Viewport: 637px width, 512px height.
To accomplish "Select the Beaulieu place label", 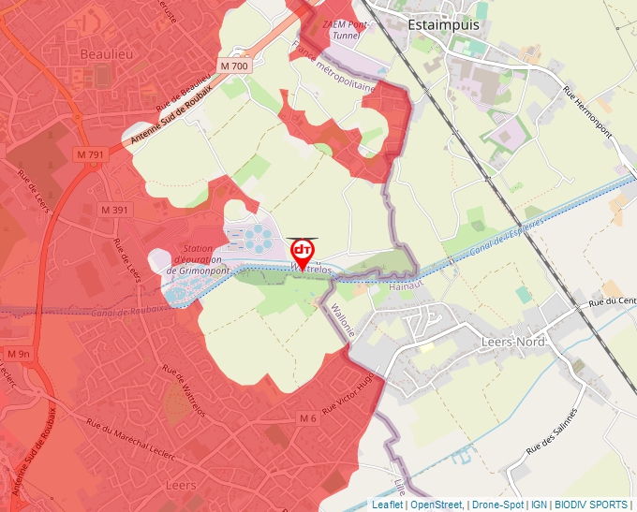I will pos(107,54).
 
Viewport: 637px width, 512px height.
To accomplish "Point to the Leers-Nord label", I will pos(512,343).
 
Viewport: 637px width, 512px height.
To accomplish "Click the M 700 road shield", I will pos(234,66).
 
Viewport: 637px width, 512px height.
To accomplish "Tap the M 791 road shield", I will pos(90,154).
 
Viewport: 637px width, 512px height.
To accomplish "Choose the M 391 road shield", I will pos(114,211).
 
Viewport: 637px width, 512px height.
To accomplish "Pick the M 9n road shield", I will pos(19,354).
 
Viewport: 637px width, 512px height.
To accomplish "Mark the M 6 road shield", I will pos(308,418).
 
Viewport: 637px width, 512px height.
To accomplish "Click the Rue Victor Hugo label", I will pos(348,393).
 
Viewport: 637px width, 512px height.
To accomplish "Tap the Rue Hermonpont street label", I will pos(586,112).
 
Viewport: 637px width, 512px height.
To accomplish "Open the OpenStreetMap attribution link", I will pos(437,505).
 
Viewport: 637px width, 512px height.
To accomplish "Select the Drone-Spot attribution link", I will pos(497,505).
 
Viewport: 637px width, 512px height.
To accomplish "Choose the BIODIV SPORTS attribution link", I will pos(591,505).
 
